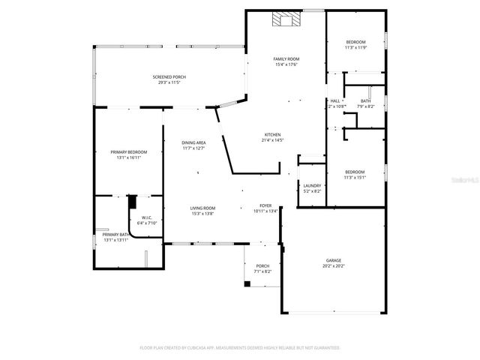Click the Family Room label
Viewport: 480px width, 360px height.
coord(286,58)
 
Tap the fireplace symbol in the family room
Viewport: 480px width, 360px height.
coord(285,19)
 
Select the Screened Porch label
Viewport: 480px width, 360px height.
coord(169,77)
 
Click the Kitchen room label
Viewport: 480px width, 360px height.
coord(271,135)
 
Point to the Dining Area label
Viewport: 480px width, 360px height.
coord(193,142)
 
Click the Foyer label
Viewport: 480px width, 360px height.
coord(265,205)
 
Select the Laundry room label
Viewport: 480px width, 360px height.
coord(312,185)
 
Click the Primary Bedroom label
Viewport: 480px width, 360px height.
coord(129,152)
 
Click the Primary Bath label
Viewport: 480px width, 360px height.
coord(115,235)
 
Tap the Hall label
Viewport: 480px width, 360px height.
coord(335,100)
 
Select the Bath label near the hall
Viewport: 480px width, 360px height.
coord(365,100)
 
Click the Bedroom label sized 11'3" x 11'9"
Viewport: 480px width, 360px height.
coord(355,41)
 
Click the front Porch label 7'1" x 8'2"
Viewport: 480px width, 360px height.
coord(262,265)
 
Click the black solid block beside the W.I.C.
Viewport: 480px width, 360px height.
coord(133,201)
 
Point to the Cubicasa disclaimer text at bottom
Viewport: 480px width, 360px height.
coord(240,348)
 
